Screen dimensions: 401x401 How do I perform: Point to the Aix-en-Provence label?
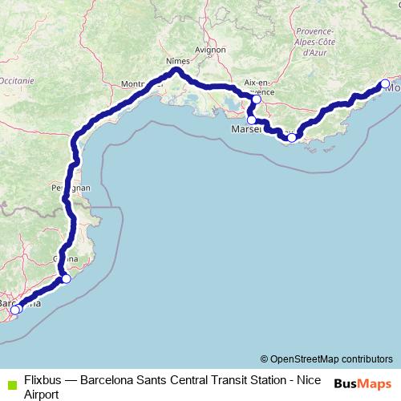[x=258, y=87]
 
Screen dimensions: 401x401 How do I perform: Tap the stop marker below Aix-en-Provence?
[x=257, y=99]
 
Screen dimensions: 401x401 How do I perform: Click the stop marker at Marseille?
[x=252, y=119]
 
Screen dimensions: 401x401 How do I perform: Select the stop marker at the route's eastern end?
[x=384, y=84]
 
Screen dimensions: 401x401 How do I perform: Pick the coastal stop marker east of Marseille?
[x=292, y=137]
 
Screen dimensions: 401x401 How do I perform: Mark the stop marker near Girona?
[x=67, y=279]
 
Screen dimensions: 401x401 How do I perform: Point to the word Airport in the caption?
[x=43, y=394]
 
